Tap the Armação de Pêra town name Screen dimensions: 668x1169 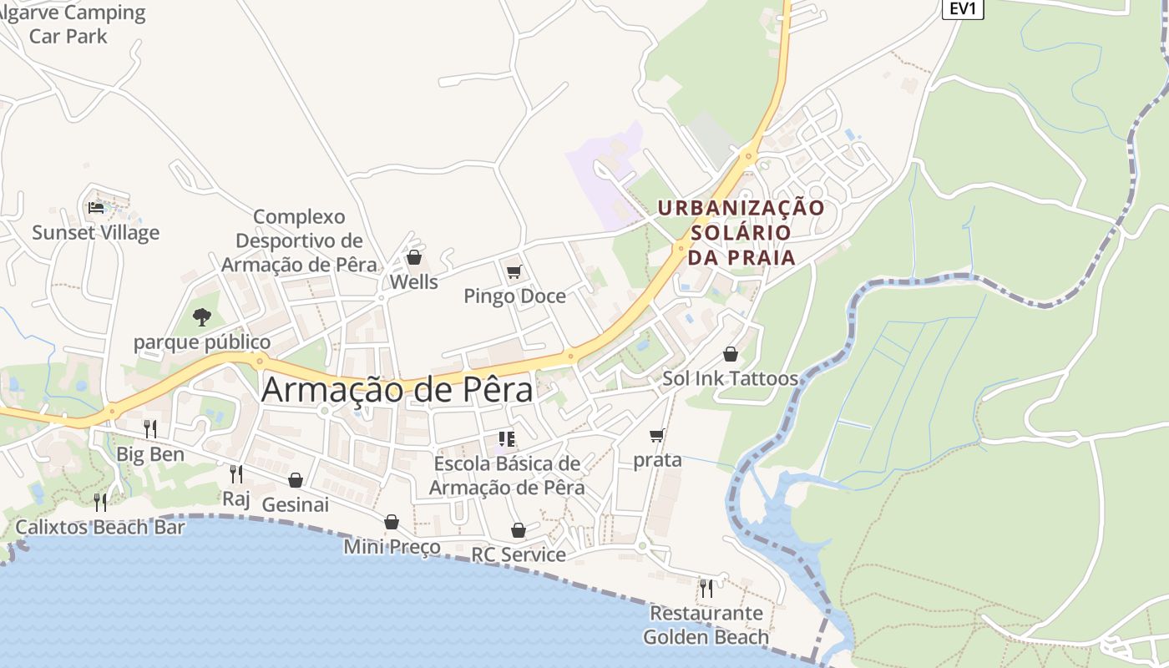point(397,390)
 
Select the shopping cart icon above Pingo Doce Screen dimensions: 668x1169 point(514,272)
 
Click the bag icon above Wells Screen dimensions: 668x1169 point(413,257)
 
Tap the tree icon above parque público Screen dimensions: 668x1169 point(201,317)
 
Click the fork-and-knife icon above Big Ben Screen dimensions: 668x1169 point(150,429)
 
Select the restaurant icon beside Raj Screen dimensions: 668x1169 point(236,474)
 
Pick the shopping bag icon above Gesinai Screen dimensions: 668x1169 point(295,480)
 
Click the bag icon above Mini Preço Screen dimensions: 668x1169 point(392,523)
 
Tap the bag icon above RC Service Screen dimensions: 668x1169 point(518,531)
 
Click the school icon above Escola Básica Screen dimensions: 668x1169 point(506,439)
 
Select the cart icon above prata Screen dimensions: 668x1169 point(657,436)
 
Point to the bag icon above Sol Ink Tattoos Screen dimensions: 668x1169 point(730,354)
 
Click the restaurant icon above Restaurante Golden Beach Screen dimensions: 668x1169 point(706,588)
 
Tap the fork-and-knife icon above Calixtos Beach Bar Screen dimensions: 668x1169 point(100,502)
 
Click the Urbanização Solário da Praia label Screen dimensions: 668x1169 point(741,232)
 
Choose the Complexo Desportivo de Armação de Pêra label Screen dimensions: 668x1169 point(299,240)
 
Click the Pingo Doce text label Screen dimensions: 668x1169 point(514,296)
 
